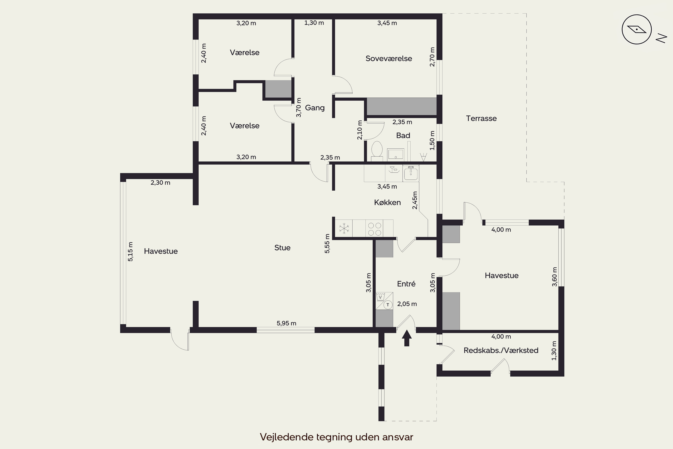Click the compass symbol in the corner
(637, 29)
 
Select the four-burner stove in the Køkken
(374, 229)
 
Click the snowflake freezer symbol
(344, 229)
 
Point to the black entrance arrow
(406, 338)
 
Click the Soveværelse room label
(389, 58)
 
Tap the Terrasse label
(481, 118)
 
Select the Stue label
(282, 248)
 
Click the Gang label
(315, 108)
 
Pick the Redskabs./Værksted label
(501, 350)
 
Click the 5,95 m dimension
(286, 323)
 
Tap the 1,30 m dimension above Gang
(314, 23)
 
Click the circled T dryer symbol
(388, 305)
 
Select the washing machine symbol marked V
(380, 297)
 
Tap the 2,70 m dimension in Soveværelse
(432, 57)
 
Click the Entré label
(406, 284)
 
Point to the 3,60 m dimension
(555, 277)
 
